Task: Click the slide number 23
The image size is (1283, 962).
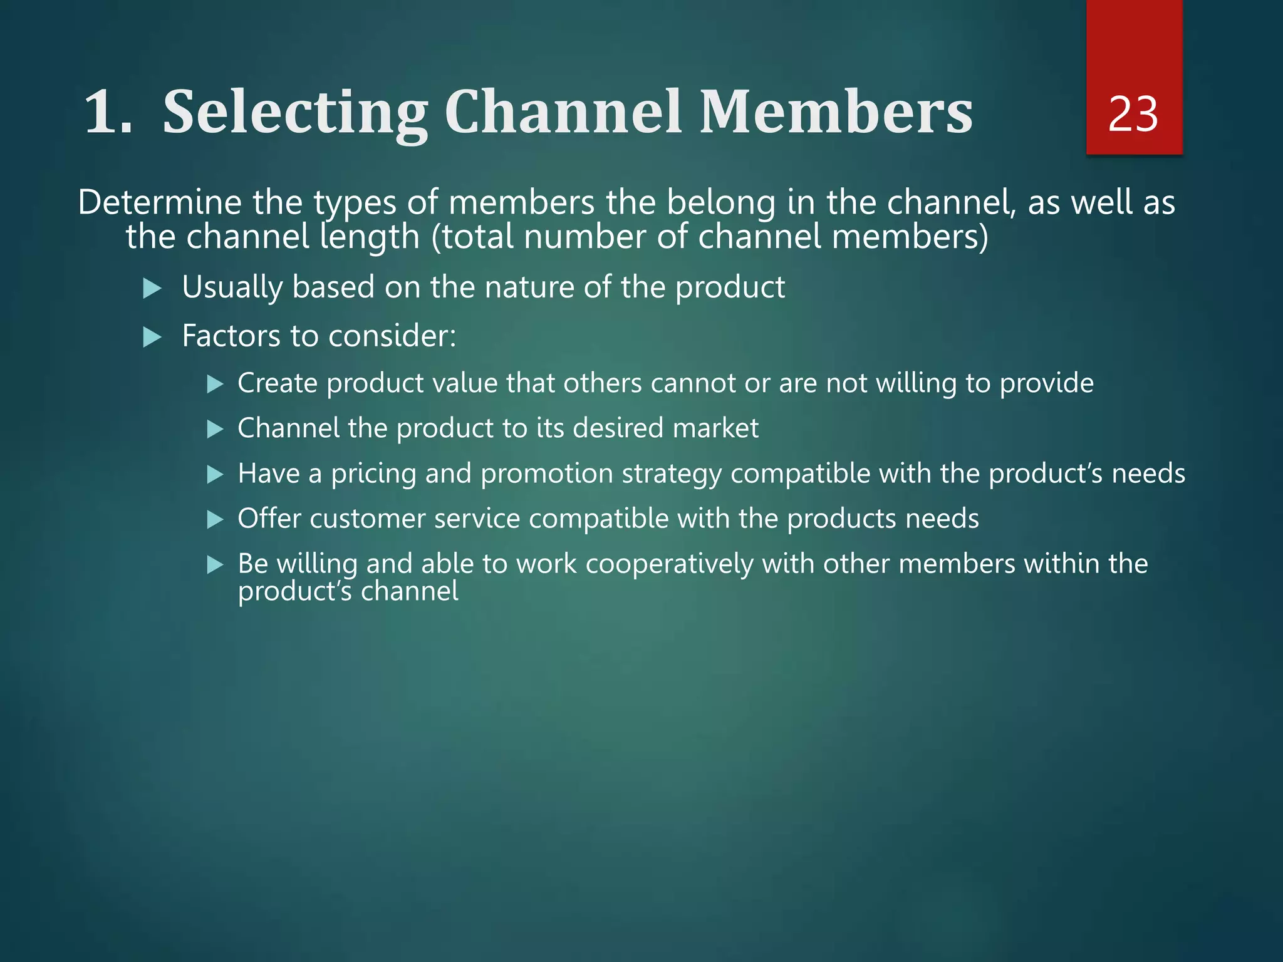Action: click(1133, 115)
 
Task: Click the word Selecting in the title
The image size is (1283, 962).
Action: click(294, 113)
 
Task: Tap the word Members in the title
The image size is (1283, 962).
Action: click(836, 113)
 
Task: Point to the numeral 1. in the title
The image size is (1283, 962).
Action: click(108, 113)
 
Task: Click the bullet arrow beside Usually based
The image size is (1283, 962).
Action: click(152, 289)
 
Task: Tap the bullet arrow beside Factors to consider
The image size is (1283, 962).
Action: click(152, 338)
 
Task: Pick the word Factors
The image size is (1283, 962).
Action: click(231, 336)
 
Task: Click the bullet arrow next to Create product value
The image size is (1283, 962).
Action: click(215, 384)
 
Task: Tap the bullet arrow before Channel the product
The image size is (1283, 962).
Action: click(215, 429)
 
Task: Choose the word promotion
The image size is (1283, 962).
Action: click(547, 473)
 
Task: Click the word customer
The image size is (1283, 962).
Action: click(367, 519)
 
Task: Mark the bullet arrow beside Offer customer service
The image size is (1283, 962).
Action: click(215, 519)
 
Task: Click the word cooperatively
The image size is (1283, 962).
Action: click(669, 564)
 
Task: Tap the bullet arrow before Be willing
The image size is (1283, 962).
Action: click(215, 565)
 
